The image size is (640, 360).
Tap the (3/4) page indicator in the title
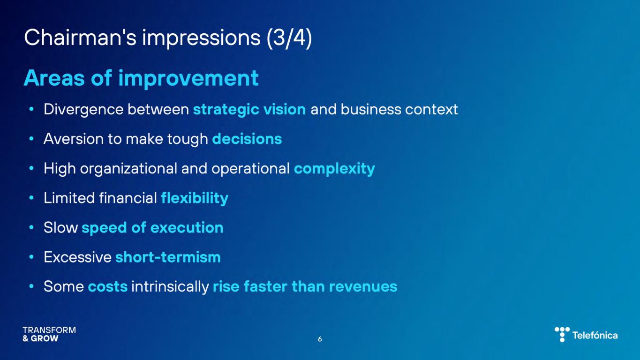(x=289, y=38)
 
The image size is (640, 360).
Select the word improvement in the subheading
(x=188, y=79)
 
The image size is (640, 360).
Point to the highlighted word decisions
(x=247, y=139)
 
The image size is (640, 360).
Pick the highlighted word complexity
(x=334, y=169)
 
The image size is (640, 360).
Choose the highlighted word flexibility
(x=195, y=198)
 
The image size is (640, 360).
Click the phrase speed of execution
(x=152, y=228)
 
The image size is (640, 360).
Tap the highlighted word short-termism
(x=168, y=257)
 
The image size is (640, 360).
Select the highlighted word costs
(x=108, y=287)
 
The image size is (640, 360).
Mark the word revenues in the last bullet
(x=363, y=287)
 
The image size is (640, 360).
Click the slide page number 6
(x=320, y=339)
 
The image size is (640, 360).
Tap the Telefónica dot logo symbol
(x=562, y=334)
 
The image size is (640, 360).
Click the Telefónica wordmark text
(x=595, y=335)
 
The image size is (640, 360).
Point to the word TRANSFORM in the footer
(x=49, y=330)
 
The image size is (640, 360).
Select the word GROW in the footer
(x=44, y=338)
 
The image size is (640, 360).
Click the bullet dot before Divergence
(x=31, y=109)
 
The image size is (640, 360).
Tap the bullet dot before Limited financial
(x=31, y=198)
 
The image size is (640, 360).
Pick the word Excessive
(x=77, y=257)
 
